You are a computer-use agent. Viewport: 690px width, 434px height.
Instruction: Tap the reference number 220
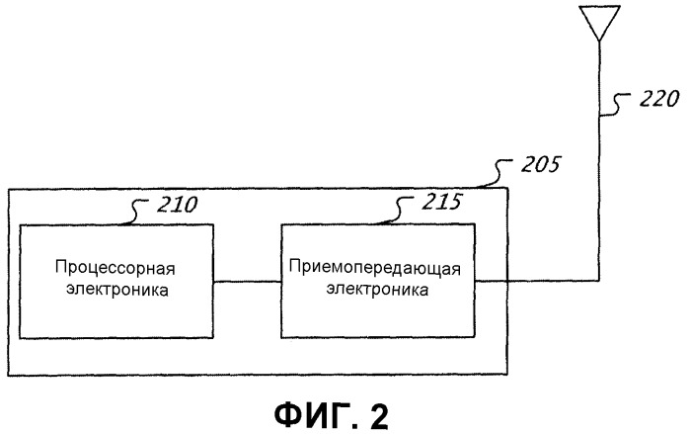pyautogui.click(x=658, y=99)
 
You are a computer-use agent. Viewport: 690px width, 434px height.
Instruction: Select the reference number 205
pyautogui.click(x=541, y=164)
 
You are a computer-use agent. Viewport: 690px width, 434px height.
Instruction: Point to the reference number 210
pyautogui.click(x=178, y=205)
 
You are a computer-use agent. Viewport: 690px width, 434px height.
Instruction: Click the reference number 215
pyautogui.click(x=441, y=202)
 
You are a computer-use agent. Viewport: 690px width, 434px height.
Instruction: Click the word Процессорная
pyautogui.click(x=115, y=268)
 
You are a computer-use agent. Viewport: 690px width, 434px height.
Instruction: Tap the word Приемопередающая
pyautogui.click(x=375, y=268)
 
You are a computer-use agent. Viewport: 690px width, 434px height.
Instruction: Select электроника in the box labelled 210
pyautogui.click(x=117, y=290)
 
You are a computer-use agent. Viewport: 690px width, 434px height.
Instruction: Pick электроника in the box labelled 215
pyautogui.click(x=377, y=290)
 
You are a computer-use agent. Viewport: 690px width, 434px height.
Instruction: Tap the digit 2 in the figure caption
pyautogui.click(x=378, y=415)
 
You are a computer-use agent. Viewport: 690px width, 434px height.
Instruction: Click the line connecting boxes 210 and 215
pyautogui.click(x=248, y=282)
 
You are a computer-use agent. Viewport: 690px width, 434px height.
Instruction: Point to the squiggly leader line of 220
pyautogui.click(x=615, y=105)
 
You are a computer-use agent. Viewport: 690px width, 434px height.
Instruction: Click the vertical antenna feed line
pyautogui.click(x=599, y=160)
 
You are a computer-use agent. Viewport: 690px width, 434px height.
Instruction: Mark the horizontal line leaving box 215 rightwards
pyautogui.click(x=537, y=280)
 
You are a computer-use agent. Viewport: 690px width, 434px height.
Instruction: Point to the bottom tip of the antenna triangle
pyautogui.click(x=599, y=41)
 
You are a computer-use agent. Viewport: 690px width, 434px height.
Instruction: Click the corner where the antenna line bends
pyautogui.click(x=599, y=280)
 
